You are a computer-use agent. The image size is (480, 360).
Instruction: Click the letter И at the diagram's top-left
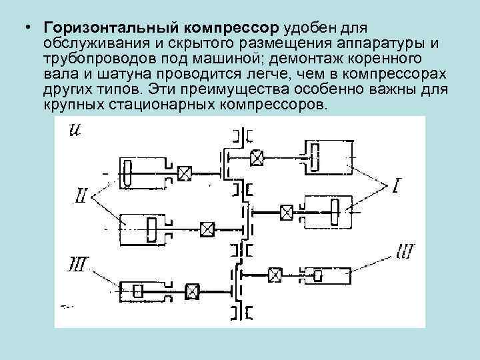[75, 130]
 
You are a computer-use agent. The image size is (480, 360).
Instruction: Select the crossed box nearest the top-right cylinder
[257, 157]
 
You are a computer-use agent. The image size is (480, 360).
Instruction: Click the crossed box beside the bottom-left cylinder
[193, 290]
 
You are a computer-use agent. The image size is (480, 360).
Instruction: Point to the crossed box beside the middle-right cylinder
[287, 213]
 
